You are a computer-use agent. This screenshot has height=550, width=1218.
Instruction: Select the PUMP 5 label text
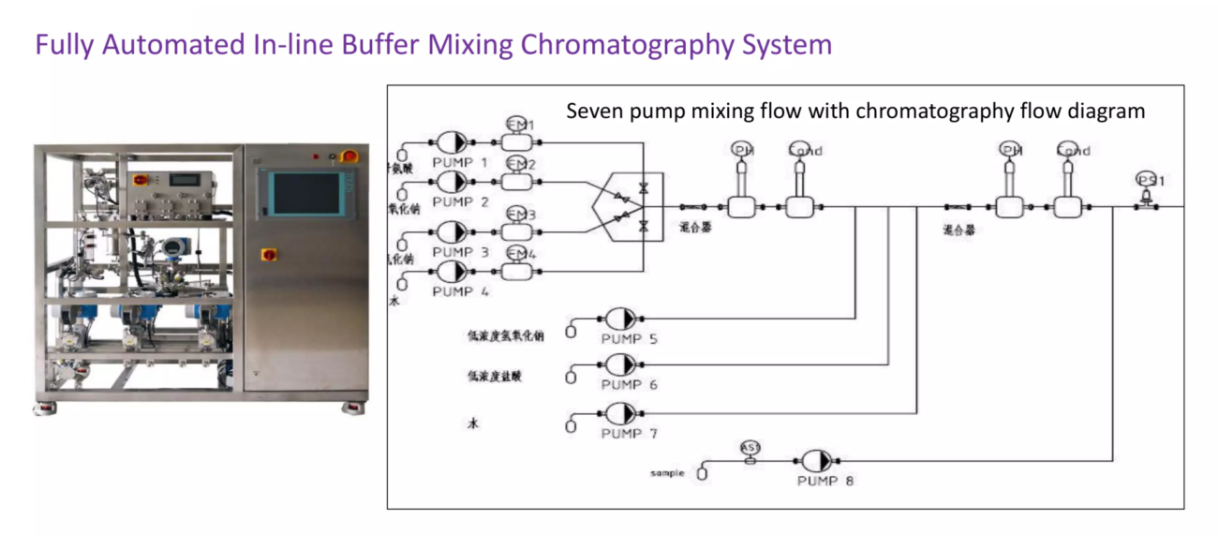[629, 338]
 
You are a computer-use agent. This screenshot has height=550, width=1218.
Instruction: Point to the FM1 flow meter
[518, 141]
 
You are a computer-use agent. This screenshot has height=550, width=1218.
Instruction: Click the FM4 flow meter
[518, 271]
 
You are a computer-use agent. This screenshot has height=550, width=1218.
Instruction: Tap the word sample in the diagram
[667, 473]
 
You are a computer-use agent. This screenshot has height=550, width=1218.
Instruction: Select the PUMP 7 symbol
[621, 413]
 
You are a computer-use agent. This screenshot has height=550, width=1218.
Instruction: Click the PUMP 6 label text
[629, 385]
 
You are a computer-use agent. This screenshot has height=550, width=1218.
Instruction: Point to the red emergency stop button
[349, 156]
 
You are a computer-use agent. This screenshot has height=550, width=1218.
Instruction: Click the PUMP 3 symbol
[453, 231]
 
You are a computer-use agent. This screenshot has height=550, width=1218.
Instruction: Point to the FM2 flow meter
[518, 181]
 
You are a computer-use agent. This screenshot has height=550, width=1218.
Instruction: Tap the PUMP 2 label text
[453, 202]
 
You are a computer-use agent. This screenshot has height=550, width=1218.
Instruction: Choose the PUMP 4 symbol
[453, 271]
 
